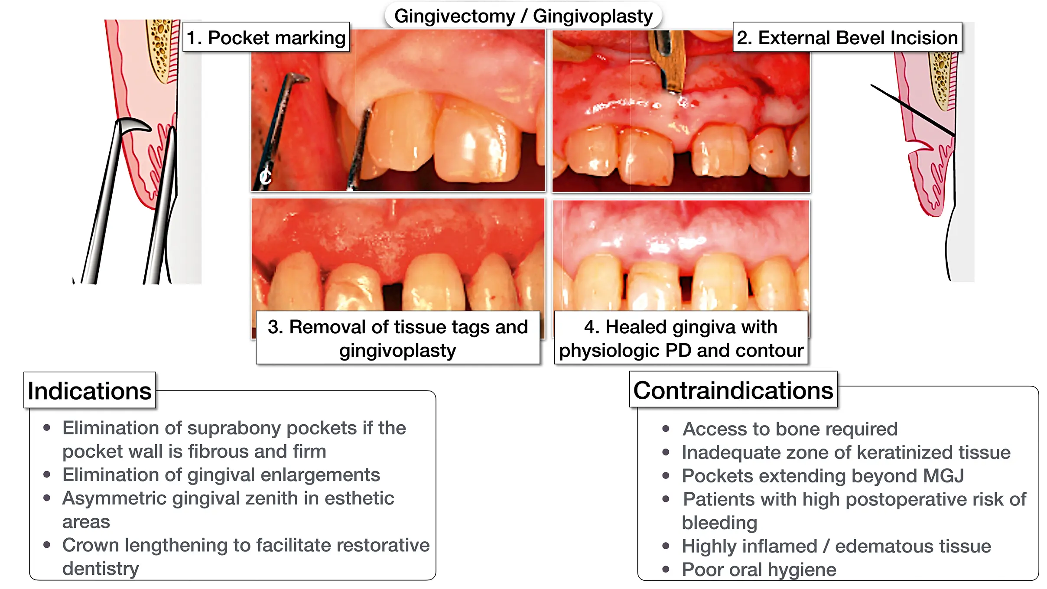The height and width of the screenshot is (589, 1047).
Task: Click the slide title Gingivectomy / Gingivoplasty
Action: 523,16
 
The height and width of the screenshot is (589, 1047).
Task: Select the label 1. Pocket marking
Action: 266,38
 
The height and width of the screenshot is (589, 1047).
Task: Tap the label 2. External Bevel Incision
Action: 847,38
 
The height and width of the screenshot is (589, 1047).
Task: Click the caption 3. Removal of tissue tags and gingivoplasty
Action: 398,338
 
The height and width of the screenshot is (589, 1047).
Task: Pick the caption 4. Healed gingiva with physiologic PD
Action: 681,338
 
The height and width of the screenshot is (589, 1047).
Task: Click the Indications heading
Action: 90,390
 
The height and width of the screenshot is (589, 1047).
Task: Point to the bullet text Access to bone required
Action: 790,429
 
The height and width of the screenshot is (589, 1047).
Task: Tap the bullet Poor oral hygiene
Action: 759,569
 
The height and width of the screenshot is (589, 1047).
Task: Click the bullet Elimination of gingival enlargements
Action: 221,475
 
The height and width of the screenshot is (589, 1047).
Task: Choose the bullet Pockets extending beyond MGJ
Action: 823,476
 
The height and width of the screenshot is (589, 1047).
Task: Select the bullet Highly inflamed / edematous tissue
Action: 836,546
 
